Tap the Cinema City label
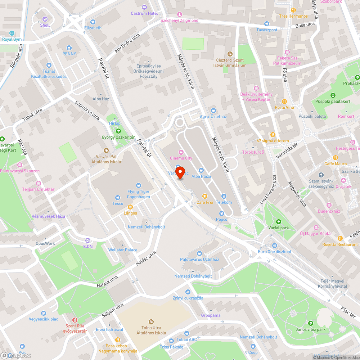tap(181, 158)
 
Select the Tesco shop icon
tap(117, 198)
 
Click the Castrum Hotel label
tap(144, 13)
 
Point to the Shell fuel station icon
tap(45, 19)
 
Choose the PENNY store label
tap(69, 54)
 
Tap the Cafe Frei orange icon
tap(204, 196)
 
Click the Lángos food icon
tap(130, 207)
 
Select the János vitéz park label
tap(311, 329)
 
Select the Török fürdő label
tap(253, 152)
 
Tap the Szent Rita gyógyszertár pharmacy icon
tap(75, 320)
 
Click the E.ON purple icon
tap(87, 240)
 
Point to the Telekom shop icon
tap(224, 196)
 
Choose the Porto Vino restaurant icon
tap(284, 102)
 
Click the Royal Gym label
tap(12, 39)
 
